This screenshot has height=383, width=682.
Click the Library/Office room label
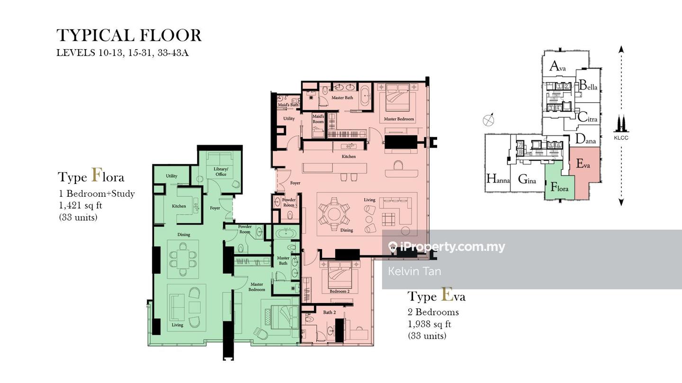click(221, 172)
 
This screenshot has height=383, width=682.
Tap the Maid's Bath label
click(288, 105)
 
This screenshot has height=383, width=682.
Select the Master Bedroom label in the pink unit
click(399, 119)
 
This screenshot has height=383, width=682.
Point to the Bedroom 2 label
click(340, 291)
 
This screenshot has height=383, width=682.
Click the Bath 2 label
click(330, 312)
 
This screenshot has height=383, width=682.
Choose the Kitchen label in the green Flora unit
click(179, 206)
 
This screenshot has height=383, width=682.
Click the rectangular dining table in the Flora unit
click(183, 259)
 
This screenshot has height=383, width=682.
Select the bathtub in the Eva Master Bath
click(365, 96)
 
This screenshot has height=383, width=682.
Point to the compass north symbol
click(488, 120)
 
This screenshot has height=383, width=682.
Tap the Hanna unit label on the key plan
click(498, 179)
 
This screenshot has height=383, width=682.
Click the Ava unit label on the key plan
click(558, 66)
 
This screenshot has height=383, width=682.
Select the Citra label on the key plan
click(587, 117)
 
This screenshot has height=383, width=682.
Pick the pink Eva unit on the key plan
click(584, 174)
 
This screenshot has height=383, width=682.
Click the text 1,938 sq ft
click(429, 324)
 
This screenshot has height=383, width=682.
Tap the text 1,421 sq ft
click(81, 206)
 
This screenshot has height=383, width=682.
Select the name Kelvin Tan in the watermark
click(414, 271)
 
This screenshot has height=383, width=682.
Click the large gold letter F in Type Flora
click(96, 175)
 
